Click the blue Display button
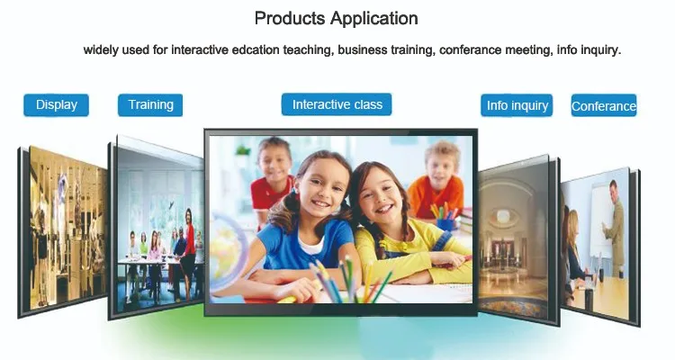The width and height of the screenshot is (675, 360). pos(56,105)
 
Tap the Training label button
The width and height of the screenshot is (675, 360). pos(150,105)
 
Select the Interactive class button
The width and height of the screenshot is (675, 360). pos(337,104)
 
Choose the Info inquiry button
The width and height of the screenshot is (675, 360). pos(517,105)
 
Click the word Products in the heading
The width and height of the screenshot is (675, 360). pos(290,19)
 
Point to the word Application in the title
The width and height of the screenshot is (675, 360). pos(374,20)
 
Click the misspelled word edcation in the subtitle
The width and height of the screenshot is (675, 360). pos(256,50)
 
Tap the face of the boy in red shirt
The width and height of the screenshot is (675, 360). pos(274,161)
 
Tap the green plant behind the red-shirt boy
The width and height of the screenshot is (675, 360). pos(243,150)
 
